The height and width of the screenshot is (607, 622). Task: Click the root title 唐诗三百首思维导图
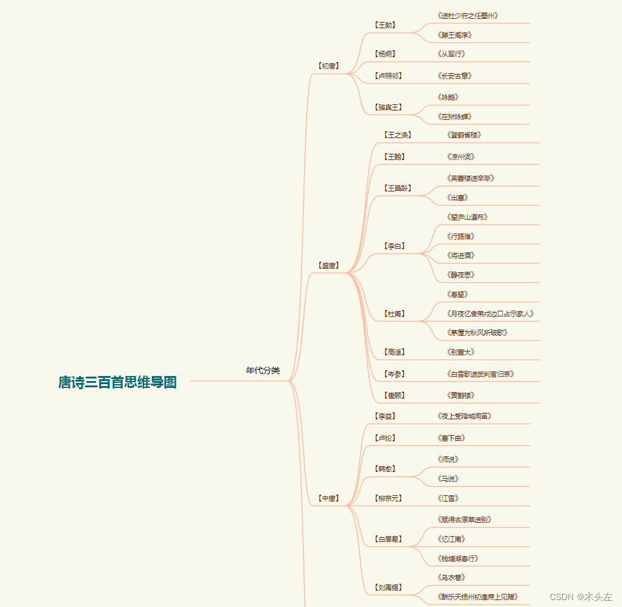117,382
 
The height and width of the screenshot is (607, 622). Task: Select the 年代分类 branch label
263,371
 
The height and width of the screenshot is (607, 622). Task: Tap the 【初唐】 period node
329,65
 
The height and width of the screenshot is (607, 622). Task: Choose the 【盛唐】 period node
329,266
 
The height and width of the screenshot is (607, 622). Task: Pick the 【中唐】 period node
329,498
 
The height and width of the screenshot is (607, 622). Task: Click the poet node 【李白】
394,246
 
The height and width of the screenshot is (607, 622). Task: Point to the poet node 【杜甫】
394,313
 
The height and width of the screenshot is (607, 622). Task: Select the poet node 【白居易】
388,539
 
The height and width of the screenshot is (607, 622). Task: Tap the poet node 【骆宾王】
388,107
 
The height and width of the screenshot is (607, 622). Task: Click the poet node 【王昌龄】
398,188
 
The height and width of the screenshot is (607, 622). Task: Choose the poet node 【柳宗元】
388,498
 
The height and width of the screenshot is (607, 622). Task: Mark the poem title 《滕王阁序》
455,35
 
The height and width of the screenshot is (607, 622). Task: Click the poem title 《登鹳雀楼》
465,135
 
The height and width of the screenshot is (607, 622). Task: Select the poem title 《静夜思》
461,274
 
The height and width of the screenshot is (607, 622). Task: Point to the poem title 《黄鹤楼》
461,395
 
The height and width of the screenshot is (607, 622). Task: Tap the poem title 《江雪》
448,498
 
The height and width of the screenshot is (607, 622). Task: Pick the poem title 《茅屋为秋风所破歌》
477,332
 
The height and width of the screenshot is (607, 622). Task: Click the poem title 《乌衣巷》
451,577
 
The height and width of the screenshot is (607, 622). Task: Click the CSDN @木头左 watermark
581,597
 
